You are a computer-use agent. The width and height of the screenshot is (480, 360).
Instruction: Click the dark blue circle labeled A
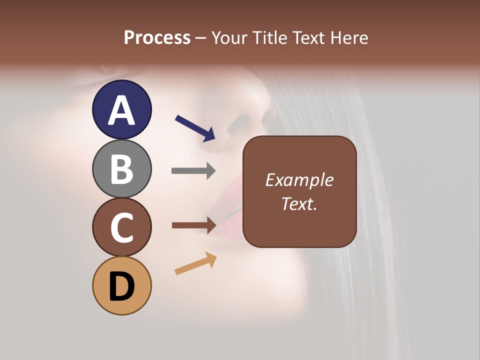tap(121, 109)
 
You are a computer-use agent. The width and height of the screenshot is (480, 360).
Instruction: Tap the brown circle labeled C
tap(121, 227)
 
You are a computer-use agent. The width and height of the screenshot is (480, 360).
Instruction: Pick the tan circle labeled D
tap(121, 285)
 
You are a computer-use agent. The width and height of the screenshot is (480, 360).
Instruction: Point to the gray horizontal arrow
tap(193, 171)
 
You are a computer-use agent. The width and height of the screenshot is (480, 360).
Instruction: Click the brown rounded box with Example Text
tap(299, 191)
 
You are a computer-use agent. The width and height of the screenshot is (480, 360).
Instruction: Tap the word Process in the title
tap(157, 37)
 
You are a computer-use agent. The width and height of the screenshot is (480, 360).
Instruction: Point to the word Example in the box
tap(299, 180)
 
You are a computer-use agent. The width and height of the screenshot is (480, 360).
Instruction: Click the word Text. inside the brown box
tap(299, 203)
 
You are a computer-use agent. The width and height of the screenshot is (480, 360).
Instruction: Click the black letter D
tap(121, 286)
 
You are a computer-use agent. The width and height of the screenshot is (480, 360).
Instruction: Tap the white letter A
tap(121, 110)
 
